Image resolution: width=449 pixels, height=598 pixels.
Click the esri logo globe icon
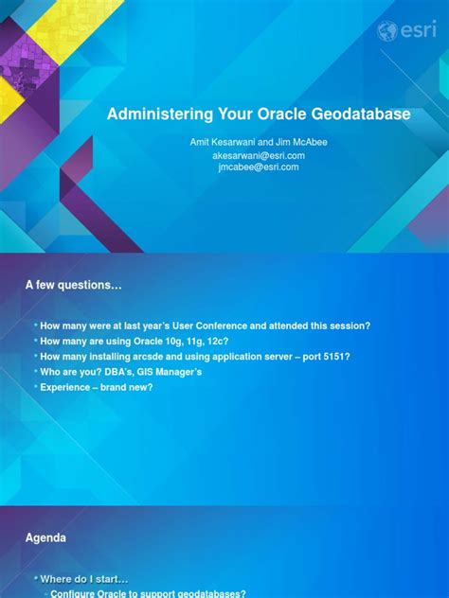click(x=388, y=31)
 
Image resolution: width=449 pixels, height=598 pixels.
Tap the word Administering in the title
click(x=153, y=114)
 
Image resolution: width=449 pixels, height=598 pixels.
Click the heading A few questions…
click(x=74, y=284)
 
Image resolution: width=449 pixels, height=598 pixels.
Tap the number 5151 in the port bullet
click(x=337, y=357)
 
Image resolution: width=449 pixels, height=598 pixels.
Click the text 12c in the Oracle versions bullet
click(x=219, y=341)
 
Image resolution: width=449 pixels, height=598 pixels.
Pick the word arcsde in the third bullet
click(x=135, y=357)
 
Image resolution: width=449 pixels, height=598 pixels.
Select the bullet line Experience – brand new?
click(x=96, y=387)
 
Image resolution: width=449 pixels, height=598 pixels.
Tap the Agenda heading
click(x=45, y=538)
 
